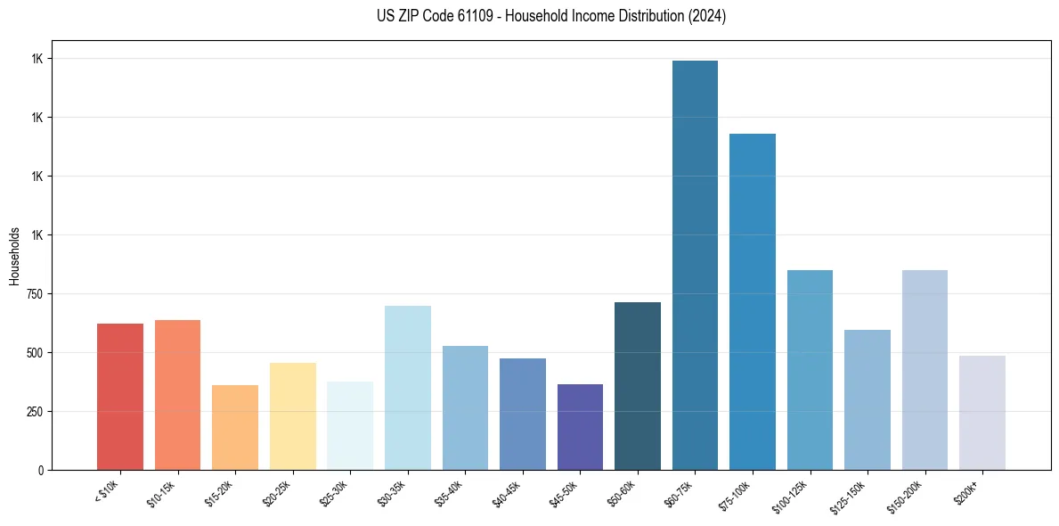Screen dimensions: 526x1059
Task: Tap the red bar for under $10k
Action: coord(120,397)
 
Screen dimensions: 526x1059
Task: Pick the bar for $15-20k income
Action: coord(235,427)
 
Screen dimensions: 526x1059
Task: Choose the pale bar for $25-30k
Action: coord(350,425)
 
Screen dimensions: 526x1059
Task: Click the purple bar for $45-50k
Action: coord(580,427)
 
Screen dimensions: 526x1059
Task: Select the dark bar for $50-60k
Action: coord(638,386)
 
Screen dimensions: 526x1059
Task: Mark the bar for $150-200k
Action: coord(925,370)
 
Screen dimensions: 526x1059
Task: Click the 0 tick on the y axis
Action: coord(41,470)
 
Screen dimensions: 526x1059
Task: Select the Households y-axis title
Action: coord(14,256)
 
